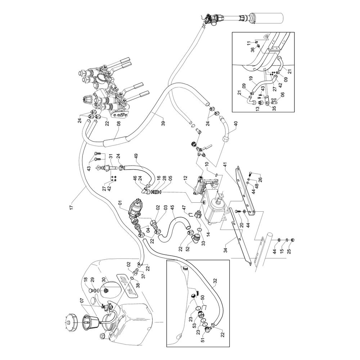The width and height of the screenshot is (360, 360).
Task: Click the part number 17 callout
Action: pos(71,207)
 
